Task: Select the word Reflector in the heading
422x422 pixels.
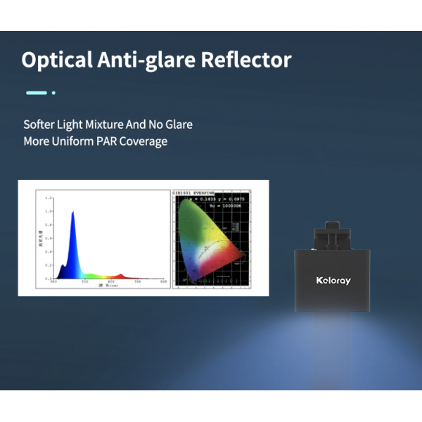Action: (x=246, y=60)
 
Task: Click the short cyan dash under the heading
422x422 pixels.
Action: (x=36, y=92)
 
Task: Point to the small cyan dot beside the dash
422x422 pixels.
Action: (x=53, y=92)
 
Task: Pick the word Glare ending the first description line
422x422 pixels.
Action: (x=178, y=124)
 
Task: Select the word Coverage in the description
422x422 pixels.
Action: (x=143, y=141)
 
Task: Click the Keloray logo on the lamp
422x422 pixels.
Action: (x=333, y=281)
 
